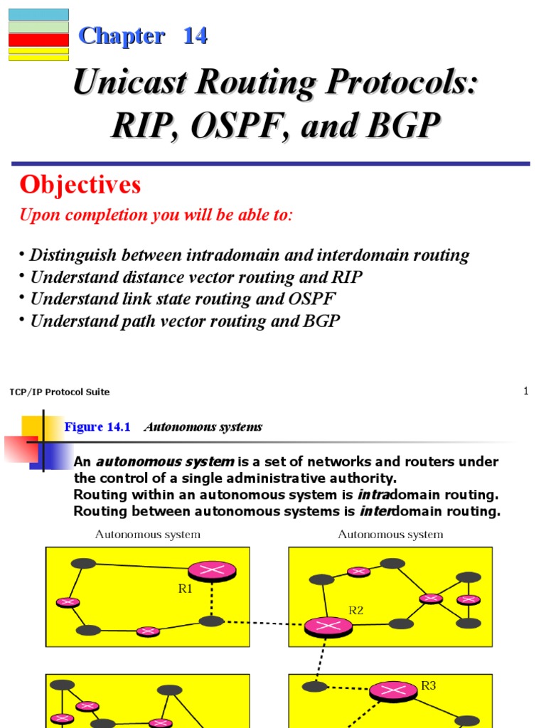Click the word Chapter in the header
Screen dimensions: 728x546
coord(122,36)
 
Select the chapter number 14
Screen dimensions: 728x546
coord(195,36)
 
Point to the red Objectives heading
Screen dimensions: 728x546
coord(80,186)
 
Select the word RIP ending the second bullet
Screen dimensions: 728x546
coord(346,277)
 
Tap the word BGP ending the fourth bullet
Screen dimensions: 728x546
coord(324,321)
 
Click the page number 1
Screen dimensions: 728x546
coord(526,390)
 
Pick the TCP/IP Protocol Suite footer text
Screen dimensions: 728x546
coord(60,392)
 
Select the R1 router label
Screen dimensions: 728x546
coord(186,589)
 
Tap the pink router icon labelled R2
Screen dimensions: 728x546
coord(328,626)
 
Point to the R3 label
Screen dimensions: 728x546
coord(428,686)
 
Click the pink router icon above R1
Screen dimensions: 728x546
coord(211,569)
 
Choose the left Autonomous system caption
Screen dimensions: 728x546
coord(148,535)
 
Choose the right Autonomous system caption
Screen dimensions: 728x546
coord(390,535)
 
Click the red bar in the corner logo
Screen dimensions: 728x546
coord(38,39)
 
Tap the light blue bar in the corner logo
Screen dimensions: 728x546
coord(38,14)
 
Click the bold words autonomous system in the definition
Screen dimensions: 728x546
coord(165,462)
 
